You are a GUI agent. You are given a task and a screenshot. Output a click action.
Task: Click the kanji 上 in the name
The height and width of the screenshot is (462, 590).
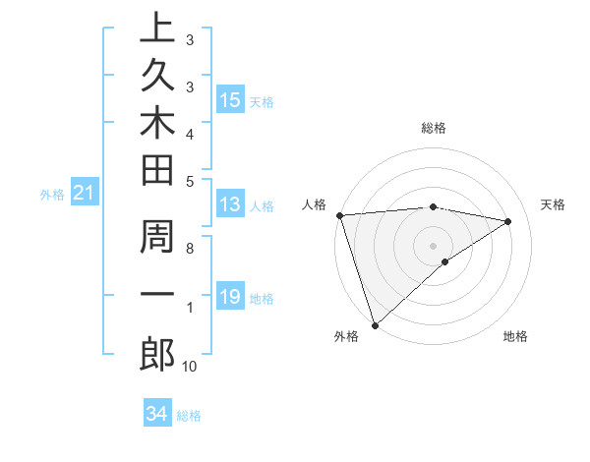coord(156,30)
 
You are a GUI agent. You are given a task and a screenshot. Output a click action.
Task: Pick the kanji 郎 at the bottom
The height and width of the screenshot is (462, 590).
coord(156,355)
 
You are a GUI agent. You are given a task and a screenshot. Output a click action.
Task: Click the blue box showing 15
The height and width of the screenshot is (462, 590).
coord(230,100)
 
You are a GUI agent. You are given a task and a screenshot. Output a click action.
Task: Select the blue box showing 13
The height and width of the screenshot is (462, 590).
coord(230,205)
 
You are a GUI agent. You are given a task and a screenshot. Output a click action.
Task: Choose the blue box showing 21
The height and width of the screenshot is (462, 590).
coord(84,194)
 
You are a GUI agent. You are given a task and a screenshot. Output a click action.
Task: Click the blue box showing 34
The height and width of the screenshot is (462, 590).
coord(156,414)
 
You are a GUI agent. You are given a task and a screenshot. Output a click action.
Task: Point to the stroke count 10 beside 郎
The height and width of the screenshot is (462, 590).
coord(190,367)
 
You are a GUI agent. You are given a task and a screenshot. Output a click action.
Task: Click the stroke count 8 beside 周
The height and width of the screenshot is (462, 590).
coord(190,248)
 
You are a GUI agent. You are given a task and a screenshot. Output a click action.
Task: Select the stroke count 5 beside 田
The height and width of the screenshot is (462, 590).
coord(190,181)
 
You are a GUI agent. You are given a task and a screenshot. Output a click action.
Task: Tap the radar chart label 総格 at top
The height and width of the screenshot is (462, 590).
coord(433,128)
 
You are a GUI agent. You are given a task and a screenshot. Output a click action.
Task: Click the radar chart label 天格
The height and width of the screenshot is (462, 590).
coord(554,204)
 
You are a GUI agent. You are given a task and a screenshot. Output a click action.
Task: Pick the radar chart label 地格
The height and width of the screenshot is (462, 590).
coord(515,336)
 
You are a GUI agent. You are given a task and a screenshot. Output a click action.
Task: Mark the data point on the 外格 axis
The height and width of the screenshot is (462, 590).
coord(375,324)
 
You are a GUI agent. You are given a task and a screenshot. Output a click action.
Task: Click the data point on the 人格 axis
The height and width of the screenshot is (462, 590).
coord(339,215)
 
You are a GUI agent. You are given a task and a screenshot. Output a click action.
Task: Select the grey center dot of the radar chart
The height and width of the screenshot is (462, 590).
coord(433,245)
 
